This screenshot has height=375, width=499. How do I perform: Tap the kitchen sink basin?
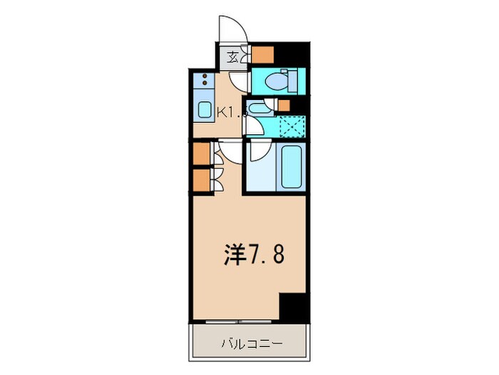point(203,111)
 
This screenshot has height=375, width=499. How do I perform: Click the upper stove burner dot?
point(205,76)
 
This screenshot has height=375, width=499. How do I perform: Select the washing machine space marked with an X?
point(291,126)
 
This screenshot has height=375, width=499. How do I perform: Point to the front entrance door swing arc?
point(231,29)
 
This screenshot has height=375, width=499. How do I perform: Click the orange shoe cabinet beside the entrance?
point(262,55)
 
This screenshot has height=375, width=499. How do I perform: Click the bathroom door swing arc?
point(259,151)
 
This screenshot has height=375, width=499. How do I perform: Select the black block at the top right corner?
point(292,52)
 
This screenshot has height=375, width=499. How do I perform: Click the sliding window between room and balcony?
point(235,321)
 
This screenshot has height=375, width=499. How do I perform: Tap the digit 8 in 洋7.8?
point(276,253)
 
